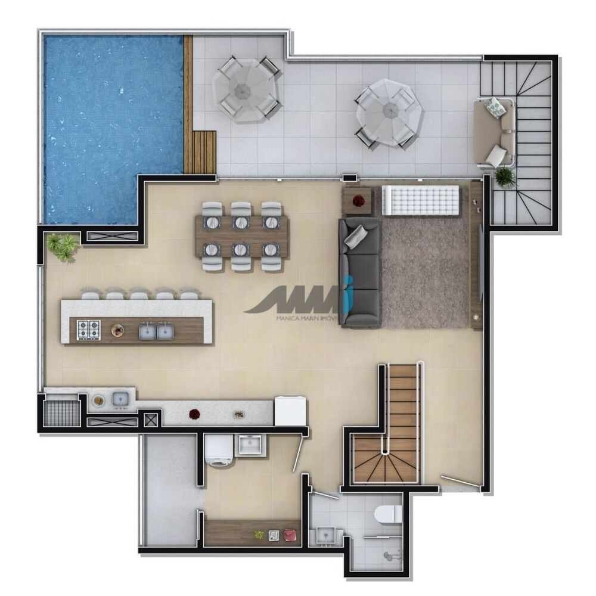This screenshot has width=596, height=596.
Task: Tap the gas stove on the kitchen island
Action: [x=89, y=330]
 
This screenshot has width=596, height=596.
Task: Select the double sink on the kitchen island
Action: [x=156, y=331]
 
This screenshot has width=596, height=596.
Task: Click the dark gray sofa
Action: [x=360, y=272]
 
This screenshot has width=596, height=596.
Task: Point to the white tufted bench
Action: [x=421, y=200]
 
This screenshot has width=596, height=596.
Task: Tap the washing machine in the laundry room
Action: [x=218, y=451]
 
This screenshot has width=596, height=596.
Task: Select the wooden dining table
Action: [x=241, y=237]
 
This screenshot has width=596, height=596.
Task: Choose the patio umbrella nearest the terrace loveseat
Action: [x=389, y=113]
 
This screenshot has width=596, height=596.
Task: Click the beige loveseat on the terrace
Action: [x=494, y=133]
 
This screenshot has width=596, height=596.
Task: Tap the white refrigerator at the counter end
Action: [x=291, y=411]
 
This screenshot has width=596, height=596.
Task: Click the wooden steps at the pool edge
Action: [x=203, y=152]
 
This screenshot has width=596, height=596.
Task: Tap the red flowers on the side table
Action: [x=358, y=201]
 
